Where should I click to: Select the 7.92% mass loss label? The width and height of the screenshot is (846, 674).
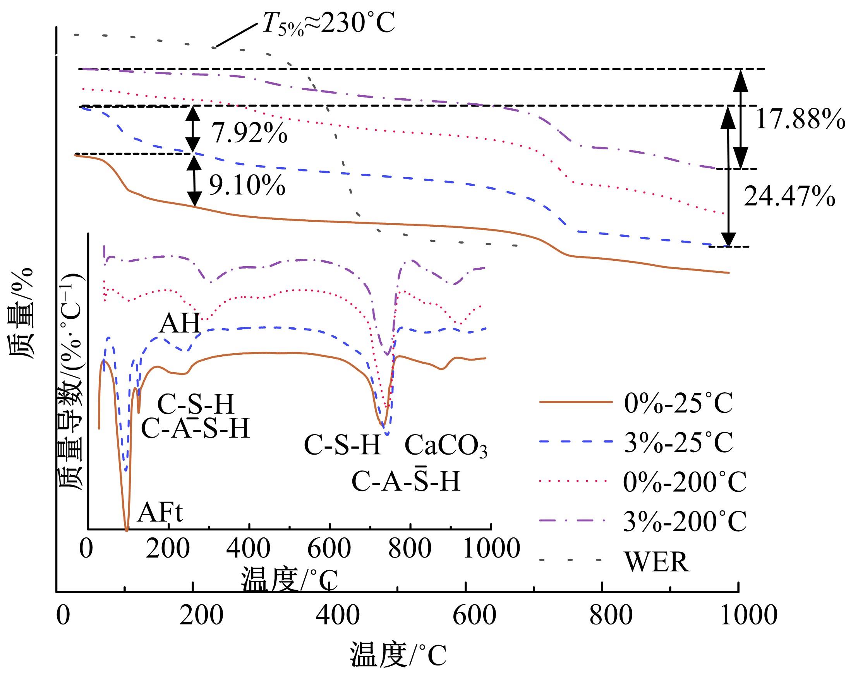point(250,133)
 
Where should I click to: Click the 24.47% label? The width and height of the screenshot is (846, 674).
point(789,196)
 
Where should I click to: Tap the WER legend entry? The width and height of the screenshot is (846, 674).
point(657,561)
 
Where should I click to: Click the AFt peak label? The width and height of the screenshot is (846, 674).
point(160,511)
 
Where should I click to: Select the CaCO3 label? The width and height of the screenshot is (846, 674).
point(446,446)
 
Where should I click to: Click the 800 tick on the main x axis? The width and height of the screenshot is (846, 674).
point(611,615)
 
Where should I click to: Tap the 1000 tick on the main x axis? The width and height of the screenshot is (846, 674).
point(749,615)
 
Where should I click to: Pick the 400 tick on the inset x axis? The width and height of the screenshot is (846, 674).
point(249,548)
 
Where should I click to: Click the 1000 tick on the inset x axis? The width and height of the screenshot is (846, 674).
point(491,548)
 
